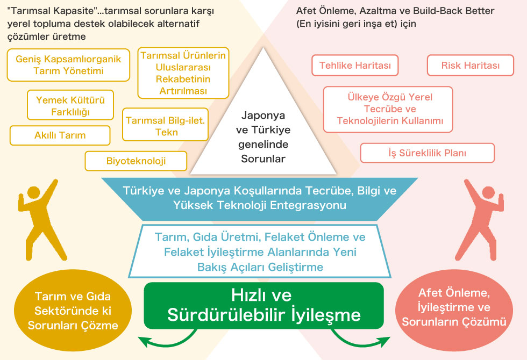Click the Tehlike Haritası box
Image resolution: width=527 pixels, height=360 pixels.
coord(355,65)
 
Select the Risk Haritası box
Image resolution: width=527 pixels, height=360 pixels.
coord(470,65)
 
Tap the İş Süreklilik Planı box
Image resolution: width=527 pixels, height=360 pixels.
coord(427,153)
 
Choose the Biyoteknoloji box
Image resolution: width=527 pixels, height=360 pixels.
coord(136,161)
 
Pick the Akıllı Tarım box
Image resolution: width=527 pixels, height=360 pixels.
coord(60,135)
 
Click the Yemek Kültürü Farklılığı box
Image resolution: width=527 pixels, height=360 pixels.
coord(70,105)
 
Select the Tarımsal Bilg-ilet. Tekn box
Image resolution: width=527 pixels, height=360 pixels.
coord(166,125)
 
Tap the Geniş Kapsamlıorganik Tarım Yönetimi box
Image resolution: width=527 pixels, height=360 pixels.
coord(68,65)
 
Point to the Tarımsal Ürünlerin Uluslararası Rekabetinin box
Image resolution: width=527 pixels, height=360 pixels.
coord(183,73)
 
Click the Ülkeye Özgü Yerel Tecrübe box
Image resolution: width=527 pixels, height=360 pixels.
coord(388,109)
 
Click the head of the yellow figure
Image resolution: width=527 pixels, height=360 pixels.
coord(33,193)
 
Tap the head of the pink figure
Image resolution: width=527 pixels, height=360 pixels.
coord(488,193)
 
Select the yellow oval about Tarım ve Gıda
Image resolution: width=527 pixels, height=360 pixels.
coord(73,311)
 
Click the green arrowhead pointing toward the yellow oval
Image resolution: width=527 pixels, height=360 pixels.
coord(144,342)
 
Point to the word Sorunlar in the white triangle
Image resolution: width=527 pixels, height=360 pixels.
coord(263,159)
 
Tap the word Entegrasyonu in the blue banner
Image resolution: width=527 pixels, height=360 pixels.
coord(308,205)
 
